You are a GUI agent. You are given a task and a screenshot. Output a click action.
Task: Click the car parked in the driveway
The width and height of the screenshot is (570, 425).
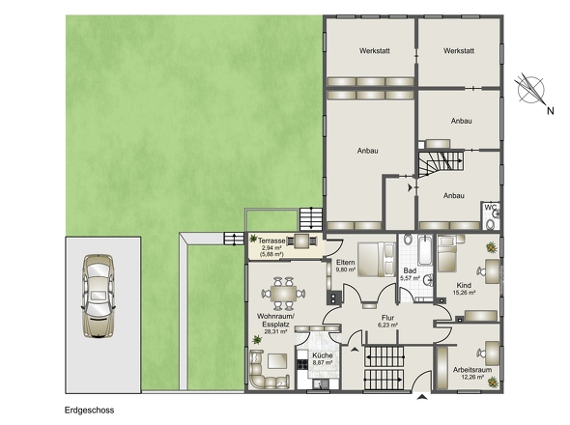tap(99, 297)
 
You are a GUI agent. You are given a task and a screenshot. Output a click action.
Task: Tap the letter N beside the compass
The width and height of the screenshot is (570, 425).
tap(551, 111)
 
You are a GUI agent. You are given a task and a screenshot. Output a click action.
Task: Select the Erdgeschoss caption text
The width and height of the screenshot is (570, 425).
tap(90, 411)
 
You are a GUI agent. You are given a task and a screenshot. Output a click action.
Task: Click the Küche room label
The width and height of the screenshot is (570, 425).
tap(323, 355)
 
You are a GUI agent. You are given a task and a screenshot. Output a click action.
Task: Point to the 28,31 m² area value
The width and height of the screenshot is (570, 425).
tap(275, 331)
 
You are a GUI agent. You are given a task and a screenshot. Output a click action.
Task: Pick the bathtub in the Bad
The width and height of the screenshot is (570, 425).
tap(424, 250)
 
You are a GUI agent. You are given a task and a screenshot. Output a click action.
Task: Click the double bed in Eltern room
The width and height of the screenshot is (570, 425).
tap(377, 259)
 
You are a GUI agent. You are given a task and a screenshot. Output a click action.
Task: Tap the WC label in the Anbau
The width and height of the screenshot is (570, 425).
tap(490, 208)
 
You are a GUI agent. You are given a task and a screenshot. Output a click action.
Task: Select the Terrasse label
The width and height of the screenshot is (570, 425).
tap(271, 241)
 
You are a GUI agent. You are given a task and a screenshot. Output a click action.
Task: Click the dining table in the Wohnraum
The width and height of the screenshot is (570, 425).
tap(283, 293)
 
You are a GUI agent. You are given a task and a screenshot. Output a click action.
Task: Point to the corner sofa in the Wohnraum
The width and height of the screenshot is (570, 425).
tap(269, 370)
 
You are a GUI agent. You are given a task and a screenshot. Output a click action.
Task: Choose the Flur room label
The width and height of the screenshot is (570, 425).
tap(387, 318)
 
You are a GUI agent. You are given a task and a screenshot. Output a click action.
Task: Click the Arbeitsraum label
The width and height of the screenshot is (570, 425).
tap(472, 370)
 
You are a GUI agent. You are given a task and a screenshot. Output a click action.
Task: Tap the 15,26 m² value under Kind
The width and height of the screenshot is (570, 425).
tap(464, 293)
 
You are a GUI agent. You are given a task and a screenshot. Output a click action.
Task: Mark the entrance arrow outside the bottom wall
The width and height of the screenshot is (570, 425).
tap(422, 397)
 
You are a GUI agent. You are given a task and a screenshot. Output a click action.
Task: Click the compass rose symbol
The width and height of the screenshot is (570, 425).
tap(530, 90)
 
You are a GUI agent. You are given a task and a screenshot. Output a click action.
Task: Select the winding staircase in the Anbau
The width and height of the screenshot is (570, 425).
tap(441, 164)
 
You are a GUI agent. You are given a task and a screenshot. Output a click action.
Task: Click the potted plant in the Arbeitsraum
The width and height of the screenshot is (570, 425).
tap(493, 382)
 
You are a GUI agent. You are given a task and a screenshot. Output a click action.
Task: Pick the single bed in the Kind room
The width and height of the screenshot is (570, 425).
tap(446, 254)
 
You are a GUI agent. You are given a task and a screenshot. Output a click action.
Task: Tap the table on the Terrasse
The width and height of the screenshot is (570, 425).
tap(301, 241)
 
